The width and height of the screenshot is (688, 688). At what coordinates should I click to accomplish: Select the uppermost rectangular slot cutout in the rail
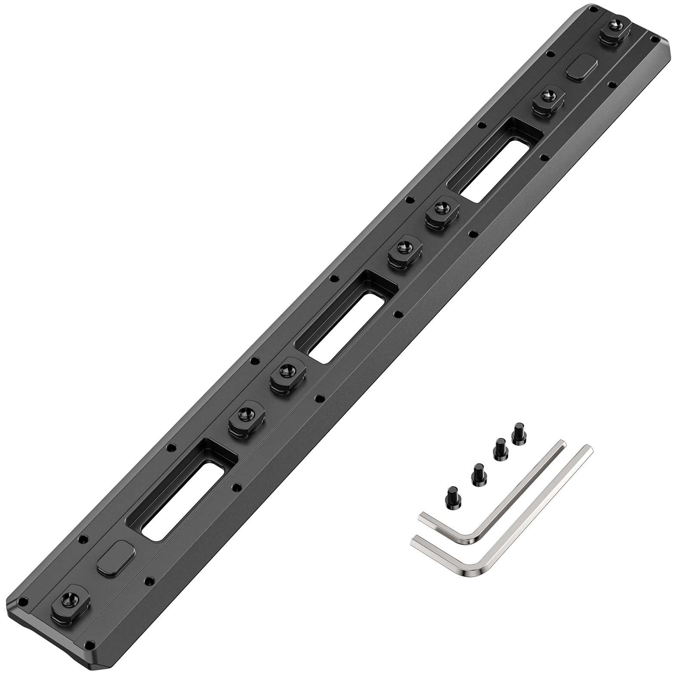(490, 163)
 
